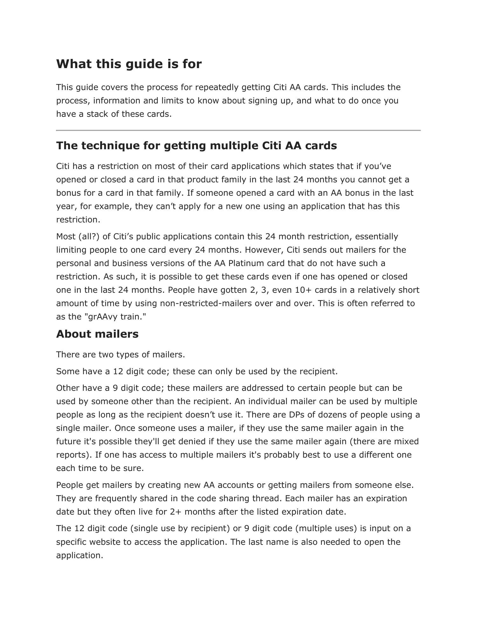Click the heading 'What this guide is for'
(x=129, y=64)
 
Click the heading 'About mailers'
(x=97, y=334)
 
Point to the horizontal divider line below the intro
(x=238, y=130)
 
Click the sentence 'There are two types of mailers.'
(x=121, y=355)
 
